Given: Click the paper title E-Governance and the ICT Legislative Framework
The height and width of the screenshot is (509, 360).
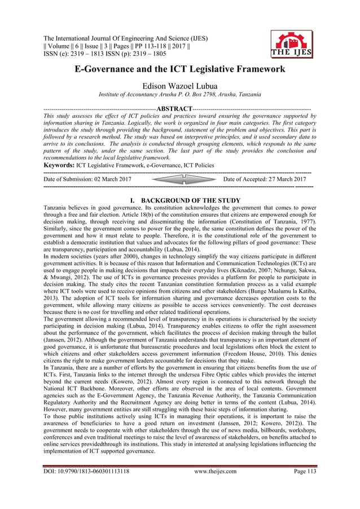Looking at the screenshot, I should [179, 70].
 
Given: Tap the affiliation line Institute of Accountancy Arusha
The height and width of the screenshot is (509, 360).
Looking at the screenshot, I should [179, 94].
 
